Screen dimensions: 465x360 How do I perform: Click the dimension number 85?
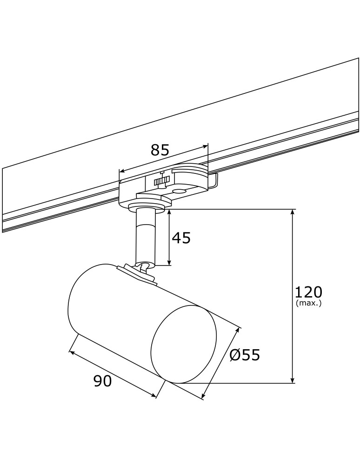[x=160, y=150]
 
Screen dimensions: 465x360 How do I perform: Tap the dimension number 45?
[x=181, y=238]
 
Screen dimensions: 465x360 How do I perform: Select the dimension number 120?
[x=308, y=292]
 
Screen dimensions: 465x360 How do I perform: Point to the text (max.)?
[x=308, y=303]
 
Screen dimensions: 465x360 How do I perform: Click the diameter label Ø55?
[x=245, y=355]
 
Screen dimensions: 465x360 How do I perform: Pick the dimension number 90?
[x=103, y=381]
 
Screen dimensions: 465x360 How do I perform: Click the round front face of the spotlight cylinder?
[x=184, y=345]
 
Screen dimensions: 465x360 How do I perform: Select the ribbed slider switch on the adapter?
[x=161, y=180]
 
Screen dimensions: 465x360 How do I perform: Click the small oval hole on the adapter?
[x=179, y=191]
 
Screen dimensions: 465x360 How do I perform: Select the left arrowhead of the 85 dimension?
[x=122, y=170]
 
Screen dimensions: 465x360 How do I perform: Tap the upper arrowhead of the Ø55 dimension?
[x=240, y=330]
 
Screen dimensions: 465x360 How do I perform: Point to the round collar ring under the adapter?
[x=146, y=206]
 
